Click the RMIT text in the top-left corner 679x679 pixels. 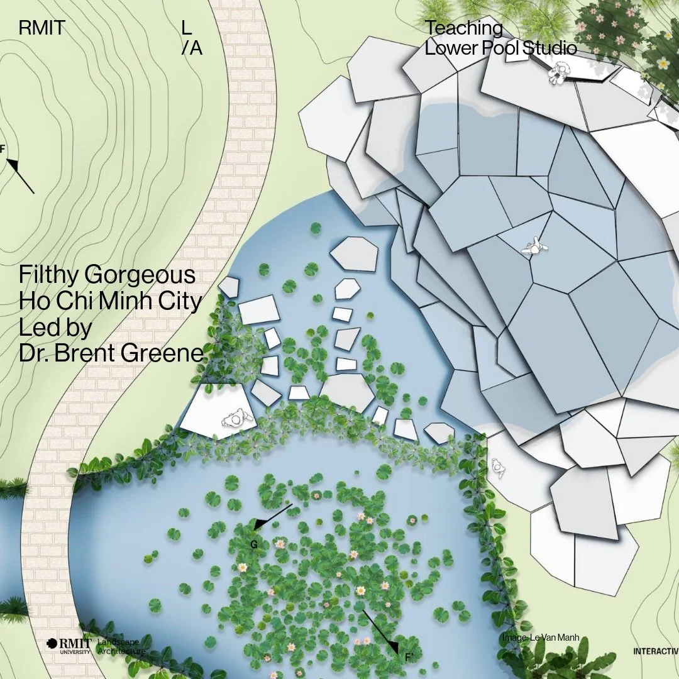[x=42, y=28]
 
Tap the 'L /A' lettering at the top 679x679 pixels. [x=191, y=38]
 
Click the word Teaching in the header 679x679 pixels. [x=464, y=28]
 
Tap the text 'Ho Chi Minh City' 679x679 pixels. [x=111, y=302]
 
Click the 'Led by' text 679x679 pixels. [x=55, y=328]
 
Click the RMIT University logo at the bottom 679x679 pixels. [x=69, y=646]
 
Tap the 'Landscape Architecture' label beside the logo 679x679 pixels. [x=121, y=646]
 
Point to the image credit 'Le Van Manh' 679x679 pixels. [x=541, y=638]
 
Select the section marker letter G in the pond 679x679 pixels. [x=254, y=544]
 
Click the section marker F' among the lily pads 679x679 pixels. [x=409, y=657]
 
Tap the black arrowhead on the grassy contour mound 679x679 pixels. [x=13, y=165]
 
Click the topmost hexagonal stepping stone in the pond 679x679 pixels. [x=355, y=253]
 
